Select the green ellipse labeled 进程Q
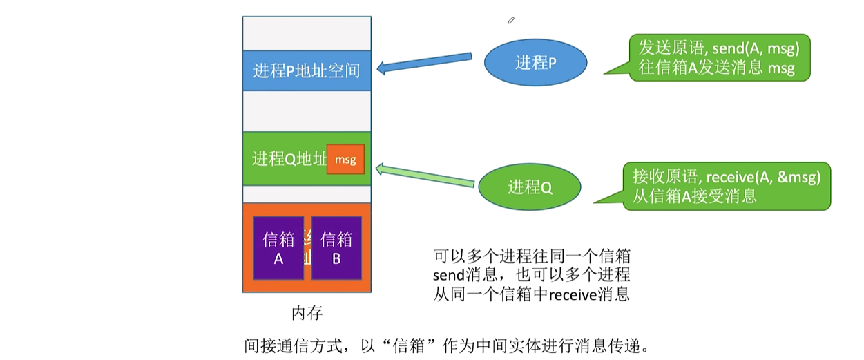[530, 187]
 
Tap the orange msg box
[345, 160]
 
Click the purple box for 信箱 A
[279, 248]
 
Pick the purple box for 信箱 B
[336, 248]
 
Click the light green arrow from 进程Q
[425, 176]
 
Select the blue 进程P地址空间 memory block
[307, 70]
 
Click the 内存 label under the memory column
[307, 313]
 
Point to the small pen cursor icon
[511, 21]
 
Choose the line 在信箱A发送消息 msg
[716, 68]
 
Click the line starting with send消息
[531, 274]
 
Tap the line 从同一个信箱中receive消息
[531, 294]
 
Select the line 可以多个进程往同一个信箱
[531, 255]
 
